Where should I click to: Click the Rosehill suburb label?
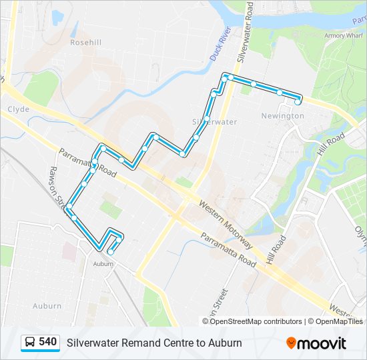coord(86,41)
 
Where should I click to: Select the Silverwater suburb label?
coord(214,122)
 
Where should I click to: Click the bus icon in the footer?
coord(30,342)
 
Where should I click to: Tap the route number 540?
coord(47,342)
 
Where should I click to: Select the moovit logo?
coord(316,343)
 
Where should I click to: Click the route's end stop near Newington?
coord(298,101)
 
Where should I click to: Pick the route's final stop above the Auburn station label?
coord(110,251)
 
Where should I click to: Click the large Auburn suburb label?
coord(47,306)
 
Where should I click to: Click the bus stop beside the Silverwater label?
coord(208,119)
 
